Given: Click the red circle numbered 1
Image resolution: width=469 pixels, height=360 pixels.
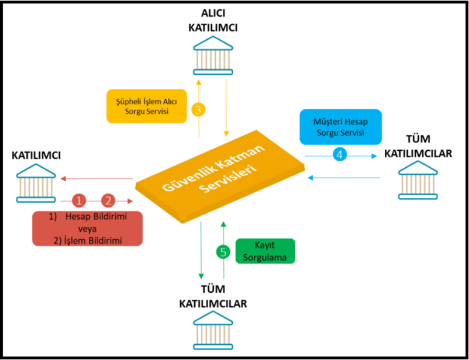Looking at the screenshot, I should pyautogui.click(x=80, y=200).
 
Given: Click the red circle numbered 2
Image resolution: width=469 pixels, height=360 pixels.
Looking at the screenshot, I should pyautogui.click(x=108, y=200).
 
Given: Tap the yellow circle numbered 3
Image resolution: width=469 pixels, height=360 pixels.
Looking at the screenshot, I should pyautogui.click(x=199, y=109).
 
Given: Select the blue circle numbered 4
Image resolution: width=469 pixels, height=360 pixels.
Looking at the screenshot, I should pyautogui.click(x=339, y=155).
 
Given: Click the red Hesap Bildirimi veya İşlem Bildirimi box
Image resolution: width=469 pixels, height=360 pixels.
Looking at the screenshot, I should pyautogui.click(x=88, y=228).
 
